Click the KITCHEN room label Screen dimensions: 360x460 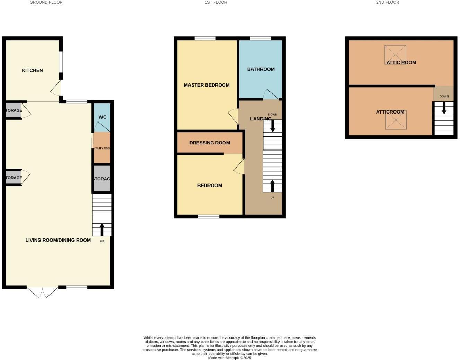coord(32,70)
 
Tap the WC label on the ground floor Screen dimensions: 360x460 coord(103,117)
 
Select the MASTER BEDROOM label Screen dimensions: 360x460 coord(206,85)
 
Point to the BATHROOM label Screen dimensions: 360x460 coord(261,69)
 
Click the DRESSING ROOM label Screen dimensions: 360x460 coord(210,143)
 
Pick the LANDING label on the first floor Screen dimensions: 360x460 coord(260,119)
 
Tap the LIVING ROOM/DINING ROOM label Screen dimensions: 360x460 coord(58,240)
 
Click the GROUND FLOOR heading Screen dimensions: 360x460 coord(46,2)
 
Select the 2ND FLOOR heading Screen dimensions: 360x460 coord(387,2)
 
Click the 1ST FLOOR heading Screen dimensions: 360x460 coord(216,2)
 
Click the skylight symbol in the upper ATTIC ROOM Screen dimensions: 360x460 coord(395,54)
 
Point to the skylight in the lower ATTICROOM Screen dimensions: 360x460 coord(396,120)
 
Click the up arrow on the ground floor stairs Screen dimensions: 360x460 coord(102,229)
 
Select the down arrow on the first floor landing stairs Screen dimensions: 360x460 coord(273,125)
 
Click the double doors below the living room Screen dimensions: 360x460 coord(42,292)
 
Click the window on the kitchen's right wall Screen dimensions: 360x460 coord(61,62)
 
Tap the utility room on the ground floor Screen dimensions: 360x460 coord(102,148)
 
